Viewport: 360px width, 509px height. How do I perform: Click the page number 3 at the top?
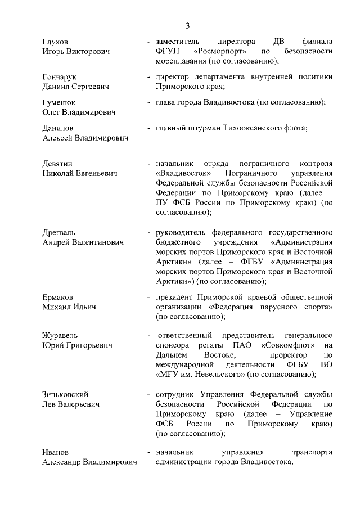tap(188, 25)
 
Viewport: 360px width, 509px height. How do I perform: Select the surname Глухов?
tap(55, 42)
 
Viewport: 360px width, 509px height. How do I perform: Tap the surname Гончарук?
tap(60, 77)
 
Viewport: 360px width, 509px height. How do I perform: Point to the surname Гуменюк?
tap(59, 102)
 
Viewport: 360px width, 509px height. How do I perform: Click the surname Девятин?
tap(58, 164)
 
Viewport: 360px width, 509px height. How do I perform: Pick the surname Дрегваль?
tap(59, 232)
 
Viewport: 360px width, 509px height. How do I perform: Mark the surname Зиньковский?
tap(65, 394)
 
